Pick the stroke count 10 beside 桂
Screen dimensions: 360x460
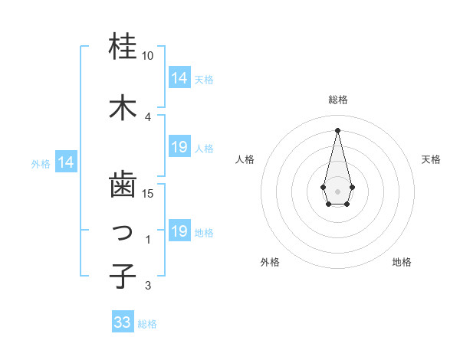148,56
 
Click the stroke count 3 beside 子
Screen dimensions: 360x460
148,286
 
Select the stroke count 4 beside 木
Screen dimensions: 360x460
148,116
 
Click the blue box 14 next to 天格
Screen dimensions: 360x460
179,77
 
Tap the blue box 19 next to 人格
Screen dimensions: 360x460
179,147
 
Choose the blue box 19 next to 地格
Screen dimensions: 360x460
179,231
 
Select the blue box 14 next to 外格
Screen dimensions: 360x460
66,162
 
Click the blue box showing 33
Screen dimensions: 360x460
123,322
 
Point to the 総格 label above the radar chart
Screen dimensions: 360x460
338,100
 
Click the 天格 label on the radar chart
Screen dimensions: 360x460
432,159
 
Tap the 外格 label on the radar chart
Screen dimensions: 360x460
270,262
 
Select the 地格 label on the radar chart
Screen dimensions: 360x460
402,262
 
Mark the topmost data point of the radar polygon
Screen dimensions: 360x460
337,129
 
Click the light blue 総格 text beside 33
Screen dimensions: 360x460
147,324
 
